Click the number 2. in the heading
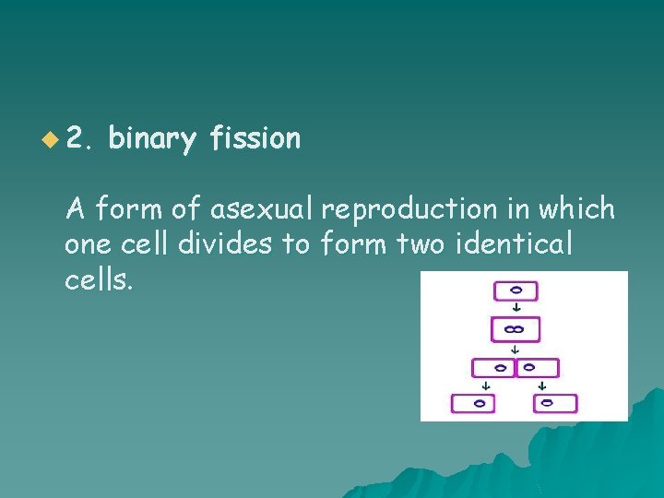(x=80, y=140)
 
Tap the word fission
(x=255, y=139)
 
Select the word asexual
(x=263, y=209)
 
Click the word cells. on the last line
(x=99, y=279)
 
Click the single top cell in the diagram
(x=516, y=290)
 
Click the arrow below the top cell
(x=516, y=309)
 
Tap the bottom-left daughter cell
(x=473, y=403)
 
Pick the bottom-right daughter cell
(x=554, y=403)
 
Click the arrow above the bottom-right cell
(x=542, y=385)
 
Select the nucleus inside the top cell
(x=516, y=290)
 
